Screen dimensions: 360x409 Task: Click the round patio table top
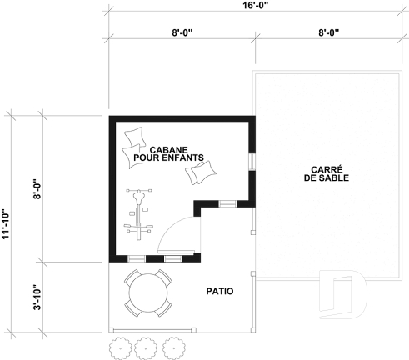point(149,292)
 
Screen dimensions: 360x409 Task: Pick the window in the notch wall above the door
point(227,203)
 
